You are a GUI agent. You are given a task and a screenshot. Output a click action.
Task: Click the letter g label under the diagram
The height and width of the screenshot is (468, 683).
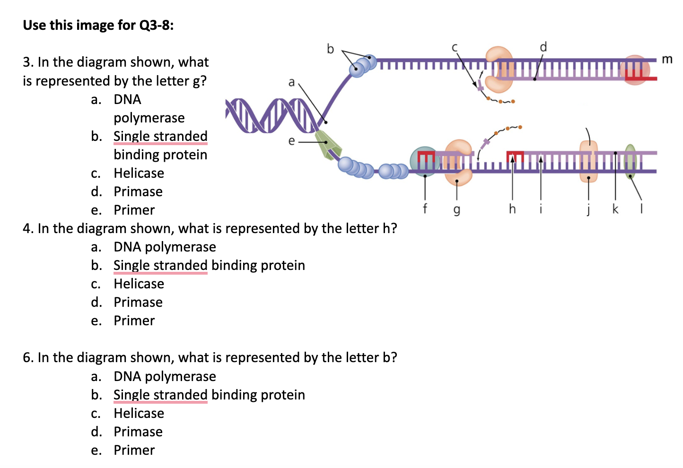(456, 209)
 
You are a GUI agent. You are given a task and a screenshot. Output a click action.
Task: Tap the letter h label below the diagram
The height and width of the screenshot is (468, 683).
(512, 208)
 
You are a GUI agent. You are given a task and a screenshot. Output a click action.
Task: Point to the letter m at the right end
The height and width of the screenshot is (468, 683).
(667, 59)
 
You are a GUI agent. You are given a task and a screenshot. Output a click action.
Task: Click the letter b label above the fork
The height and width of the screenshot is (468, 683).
(330, 49)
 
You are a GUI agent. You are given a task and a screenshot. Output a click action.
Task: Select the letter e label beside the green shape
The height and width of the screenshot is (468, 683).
(291, 141)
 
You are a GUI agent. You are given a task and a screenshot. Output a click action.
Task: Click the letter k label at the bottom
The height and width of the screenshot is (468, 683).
(615, 208)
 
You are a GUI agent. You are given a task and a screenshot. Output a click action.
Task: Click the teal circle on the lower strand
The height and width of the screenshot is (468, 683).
(424, 161)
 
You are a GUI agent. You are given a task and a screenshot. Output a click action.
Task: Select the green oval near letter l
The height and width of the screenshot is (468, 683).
(630, 161)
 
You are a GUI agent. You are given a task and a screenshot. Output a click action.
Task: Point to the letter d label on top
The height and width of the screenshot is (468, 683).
(543, 47)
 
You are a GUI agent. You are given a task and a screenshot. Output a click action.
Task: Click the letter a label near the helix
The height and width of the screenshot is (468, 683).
(291, 82)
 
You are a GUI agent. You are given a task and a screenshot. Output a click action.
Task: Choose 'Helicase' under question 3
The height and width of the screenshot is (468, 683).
(139, 173)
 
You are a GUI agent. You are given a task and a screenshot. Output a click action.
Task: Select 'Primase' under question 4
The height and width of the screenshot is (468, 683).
(138, 302)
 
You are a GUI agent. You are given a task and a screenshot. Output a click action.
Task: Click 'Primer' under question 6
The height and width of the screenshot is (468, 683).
(134, 450)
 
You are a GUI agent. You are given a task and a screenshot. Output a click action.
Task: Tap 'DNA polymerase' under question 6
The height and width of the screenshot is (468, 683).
(165, 376)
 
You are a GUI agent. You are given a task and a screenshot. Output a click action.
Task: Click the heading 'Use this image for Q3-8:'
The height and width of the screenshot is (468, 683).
(98, 25)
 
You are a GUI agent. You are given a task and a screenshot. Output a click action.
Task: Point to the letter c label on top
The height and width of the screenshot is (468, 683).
(455, 47)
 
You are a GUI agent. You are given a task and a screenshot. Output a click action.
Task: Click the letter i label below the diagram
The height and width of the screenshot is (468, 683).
(541, 208)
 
